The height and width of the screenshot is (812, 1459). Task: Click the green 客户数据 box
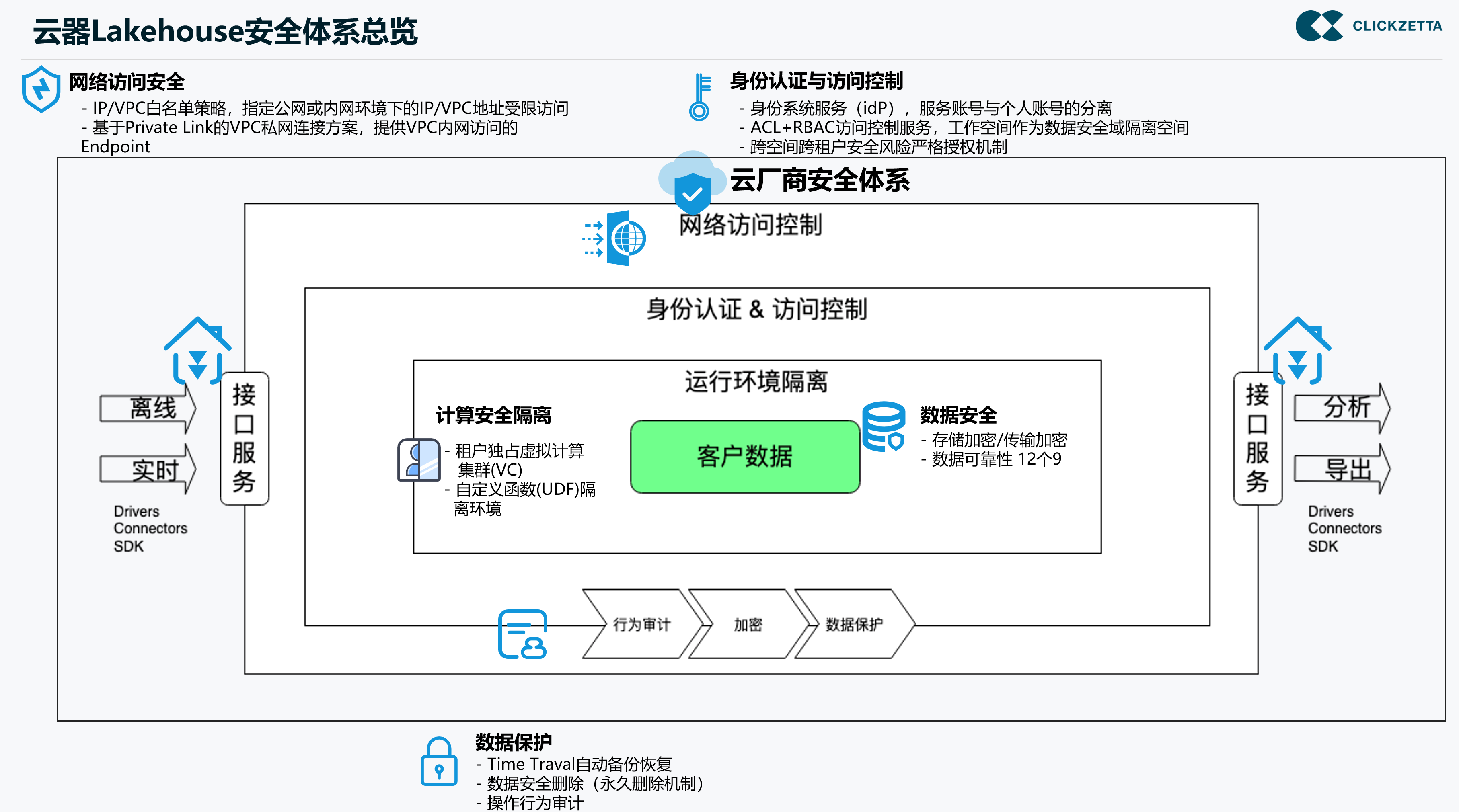pos(745,456)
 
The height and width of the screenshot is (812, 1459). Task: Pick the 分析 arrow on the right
pos(1342,408)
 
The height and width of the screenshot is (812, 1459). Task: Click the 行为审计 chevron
pos(642,624)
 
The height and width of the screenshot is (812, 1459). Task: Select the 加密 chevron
pos(748,624)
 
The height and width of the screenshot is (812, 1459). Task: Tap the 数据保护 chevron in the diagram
pos(854,624)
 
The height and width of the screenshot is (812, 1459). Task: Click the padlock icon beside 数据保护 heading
pos(439,762)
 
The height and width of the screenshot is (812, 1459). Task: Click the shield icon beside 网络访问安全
pos(41,89)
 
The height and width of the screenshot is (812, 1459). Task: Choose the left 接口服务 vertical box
pos(245,438)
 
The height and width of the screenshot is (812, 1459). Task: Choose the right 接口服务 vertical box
pos(1258,438)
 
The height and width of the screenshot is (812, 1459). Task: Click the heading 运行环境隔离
pos(756,381)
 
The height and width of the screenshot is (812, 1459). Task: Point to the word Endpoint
pos(115,147)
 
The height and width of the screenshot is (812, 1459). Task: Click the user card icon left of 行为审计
pos(522,634)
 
